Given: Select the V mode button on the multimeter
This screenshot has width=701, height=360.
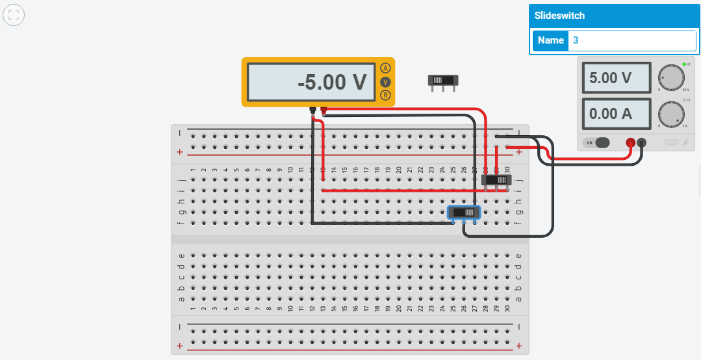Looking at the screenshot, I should [386, 82].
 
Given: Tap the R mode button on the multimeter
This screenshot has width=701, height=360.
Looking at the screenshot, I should [386, 96].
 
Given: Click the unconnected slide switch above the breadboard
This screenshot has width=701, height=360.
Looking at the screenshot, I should [443, 81].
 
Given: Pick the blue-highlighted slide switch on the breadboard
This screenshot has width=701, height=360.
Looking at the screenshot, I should [464, 212].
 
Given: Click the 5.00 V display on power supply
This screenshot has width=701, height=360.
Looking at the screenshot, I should [616, 78].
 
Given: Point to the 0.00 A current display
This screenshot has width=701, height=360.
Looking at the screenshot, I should [616, 114].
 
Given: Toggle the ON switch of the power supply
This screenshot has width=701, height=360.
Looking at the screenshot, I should [598, 142].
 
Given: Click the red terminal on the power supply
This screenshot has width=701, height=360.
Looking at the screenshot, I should [630, 143].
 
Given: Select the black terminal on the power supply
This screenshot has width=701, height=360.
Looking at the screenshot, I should [642, 143].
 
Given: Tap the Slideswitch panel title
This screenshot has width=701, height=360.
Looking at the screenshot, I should [559, 15].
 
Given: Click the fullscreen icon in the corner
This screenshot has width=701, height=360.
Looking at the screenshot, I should [14, 14].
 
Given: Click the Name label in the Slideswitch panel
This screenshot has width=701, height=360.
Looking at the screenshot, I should [551, 40].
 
